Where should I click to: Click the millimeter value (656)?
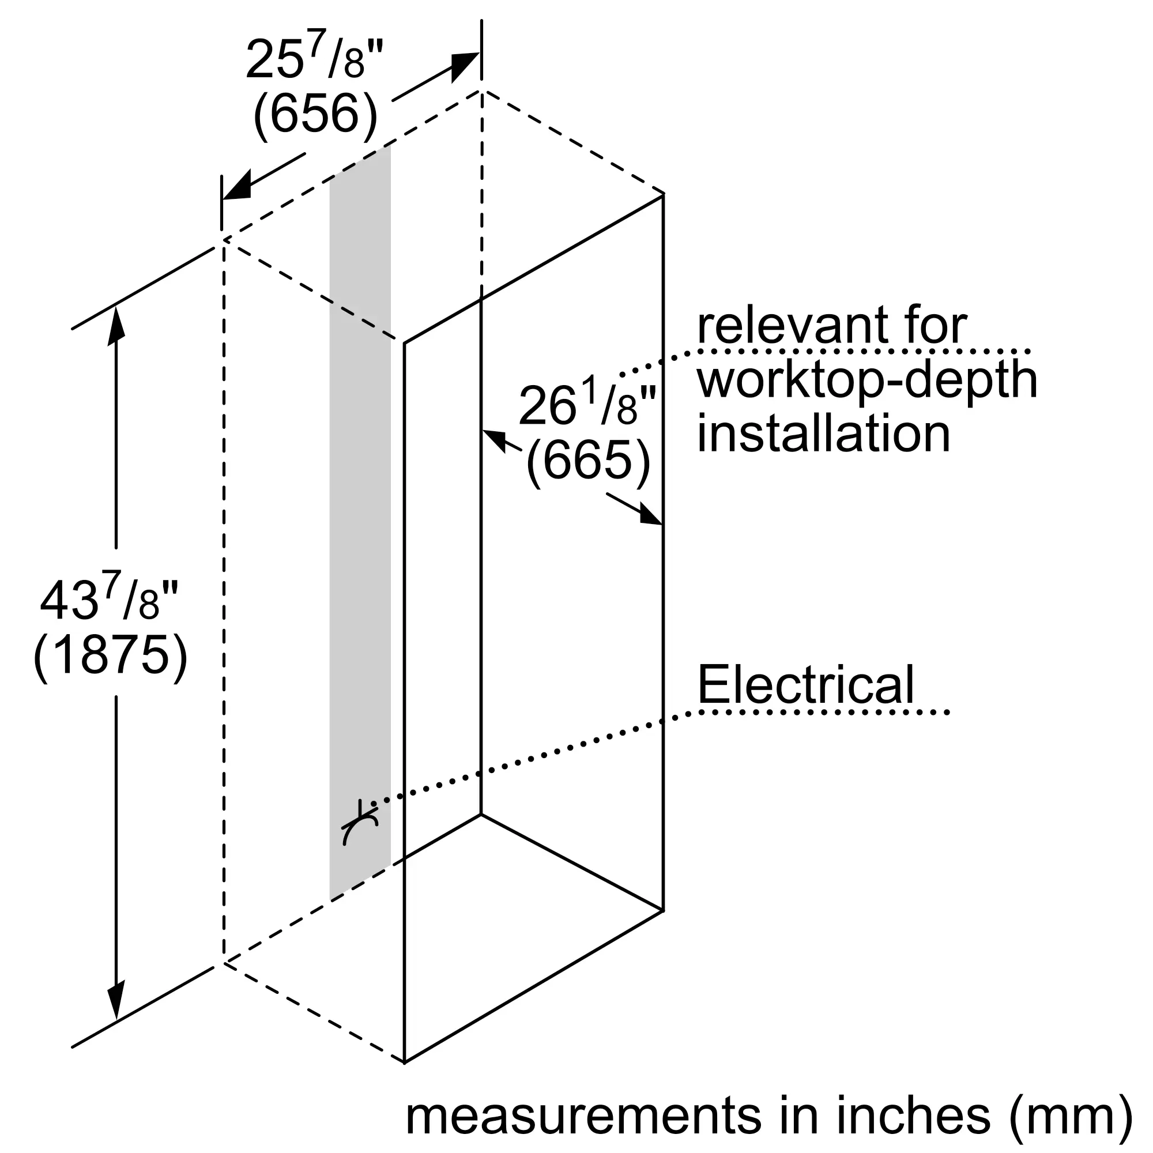click(316, 114)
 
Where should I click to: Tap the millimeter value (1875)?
click(111, 655)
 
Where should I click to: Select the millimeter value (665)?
click(588, 459)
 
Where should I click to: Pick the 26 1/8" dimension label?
click(588, 405)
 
